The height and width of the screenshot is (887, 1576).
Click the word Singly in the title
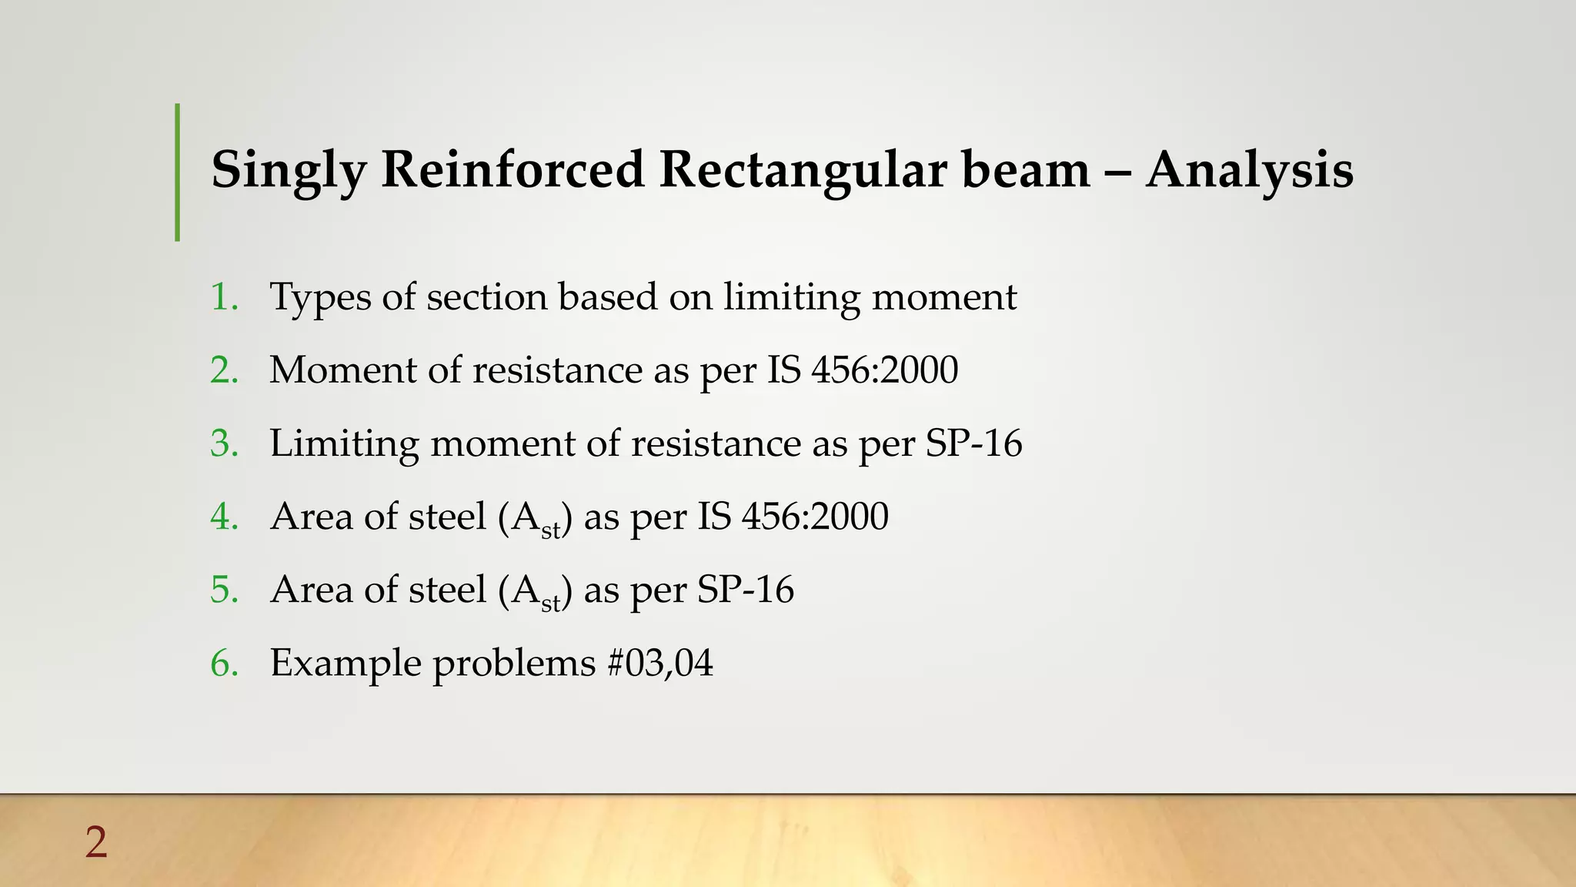pyautogui.click(x=289, y=170)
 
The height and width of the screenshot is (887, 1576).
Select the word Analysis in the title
pyautogui.click(x=1249, y=170)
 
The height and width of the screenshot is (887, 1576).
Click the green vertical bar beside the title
pyautogui.click(x=178, y=172)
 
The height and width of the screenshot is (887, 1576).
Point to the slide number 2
pyautogui.click(x=96, y=842)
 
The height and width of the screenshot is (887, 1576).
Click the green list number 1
pyautogui.click(x=224, y=297)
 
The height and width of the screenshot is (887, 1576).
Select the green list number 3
pyautogui.click(x=224, y=443)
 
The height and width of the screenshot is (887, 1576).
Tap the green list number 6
pyautogui.click(x=224, y=663)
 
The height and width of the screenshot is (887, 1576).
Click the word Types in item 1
pyautogui.click(x=320, y=297)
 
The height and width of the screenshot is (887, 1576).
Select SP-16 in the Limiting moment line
pyautogui.click(x=973, y=443)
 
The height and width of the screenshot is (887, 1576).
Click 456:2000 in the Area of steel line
pyautogui.click(x=815, y=517)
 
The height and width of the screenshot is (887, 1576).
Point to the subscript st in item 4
pyautogui.click(x=550, y=530)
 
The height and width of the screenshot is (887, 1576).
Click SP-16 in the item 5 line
pyautogui.click(x=745, y=590)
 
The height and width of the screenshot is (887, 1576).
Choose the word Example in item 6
pyautogui.click(x=346, y=663)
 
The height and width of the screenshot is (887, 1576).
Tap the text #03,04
pyautogui.click(x=660, y=663)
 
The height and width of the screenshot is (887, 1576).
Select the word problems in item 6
pyautogui.click(x=514, y=663)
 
